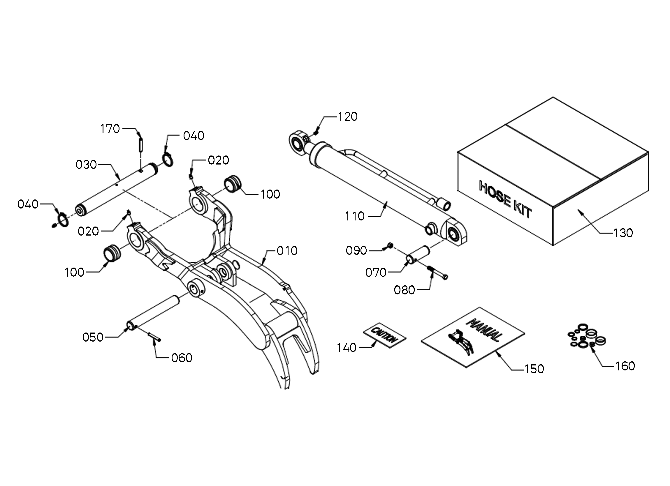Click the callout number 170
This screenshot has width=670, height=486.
click(110, 129)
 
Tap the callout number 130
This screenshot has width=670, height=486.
click(623, 233)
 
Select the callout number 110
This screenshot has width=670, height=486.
click(355, 216)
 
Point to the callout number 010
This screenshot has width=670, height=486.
click(287, 251)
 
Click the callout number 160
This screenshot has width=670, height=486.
click(625, 366)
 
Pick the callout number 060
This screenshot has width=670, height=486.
click(182, 358)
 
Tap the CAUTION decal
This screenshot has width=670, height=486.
click(384, 335)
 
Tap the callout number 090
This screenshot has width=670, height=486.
click(356, 251)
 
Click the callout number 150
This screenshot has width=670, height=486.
click(534, 369)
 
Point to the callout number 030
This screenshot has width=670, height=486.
click(86, 165)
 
